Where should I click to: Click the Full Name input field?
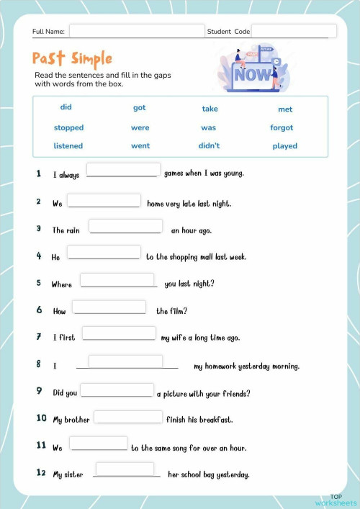point(137,31)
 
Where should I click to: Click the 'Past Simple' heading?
point(72,58)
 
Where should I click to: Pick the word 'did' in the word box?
point(66,107)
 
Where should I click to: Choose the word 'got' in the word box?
point(140,108)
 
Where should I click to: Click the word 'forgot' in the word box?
point(282,127)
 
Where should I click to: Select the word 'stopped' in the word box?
point(68,127)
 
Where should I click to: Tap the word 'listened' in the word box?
point(68,145)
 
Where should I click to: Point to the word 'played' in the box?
point(284,146)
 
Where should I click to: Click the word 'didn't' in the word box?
point(209,145)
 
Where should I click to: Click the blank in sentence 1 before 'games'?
point(122,170)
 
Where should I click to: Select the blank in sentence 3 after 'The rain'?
point(125,226)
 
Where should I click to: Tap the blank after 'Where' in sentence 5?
point(117,280)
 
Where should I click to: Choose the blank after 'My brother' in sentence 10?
point(128,417)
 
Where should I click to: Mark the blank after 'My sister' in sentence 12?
point(125,469)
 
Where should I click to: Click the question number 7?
point(39,336)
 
